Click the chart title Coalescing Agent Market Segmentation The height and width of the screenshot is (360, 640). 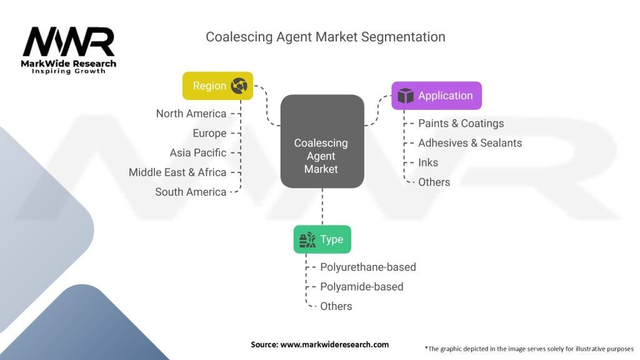click(x=325, y=37)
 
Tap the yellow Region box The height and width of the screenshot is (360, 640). click(x=217, y=86)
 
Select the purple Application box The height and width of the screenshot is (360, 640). click(x=436, y=96)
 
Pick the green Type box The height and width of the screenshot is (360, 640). click(x=322, y=239)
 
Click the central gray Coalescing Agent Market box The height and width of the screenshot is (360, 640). click(x=322, y=141)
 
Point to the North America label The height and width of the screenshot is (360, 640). click(x=191, y=114)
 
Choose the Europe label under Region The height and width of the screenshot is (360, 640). click(x=209, y=133)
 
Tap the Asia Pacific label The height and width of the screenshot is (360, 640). click(x=198, y=152)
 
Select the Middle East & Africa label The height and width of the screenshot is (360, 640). click(x=177, y=172)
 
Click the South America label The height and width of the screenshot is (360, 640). click(x=191, y=192)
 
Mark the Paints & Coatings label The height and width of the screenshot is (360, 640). click(x=461, y=123)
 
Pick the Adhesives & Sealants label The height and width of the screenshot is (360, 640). click(x=470, y=143)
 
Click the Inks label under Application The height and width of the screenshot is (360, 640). click(x=427, y=162)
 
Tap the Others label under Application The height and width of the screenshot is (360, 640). click(x=434, y=182)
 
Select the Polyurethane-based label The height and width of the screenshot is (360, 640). click(x=367, y=267)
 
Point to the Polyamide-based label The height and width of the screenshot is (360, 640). click(x=361, y=286)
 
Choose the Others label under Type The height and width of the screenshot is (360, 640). click(x=336, y=306)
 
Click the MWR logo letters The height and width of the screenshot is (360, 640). click(x=69, y=42)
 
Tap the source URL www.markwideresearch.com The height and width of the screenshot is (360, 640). click(x=334, y=344)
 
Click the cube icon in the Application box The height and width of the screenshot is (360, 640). click(x=405, y=96)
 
